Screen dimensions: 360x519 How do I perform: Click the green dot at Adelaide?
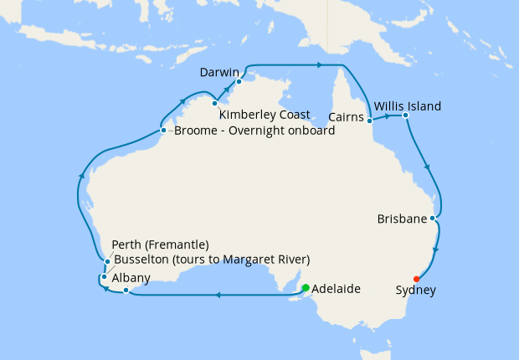point(306,288)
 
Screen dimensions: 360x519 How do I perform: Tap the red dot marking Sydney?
point(417,279)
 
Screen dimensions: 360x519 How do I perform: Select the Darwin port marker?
point(239,81)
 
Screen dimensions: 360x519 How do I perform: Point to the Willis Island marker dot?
point(404,115)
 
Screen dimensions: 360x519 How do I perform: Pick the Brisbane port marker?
point(432,219)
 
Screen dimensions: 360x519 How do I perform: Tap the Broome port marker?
point(163,130)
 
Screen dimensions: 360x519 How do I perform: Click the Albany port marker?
point(125,291)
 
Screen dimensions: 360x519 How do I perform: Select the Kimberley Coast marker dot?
point(215,103)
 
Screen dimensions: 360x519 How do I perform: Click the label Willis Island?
point(408,106)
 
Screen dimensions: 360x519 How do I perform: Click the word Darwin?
point(220,73)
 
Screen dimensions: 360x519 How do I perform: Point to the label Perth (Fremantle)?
point(160,245)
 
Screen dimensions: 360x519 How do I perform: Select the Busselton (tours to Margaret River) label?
point(211,259)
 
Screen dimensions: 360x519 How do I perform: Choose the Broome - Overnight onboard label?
point(254,131)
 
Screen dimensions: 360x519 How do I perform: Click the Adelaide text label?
point(336,289)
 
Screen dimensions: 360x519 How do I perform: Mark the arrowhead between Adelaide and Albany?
point(218,295)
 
